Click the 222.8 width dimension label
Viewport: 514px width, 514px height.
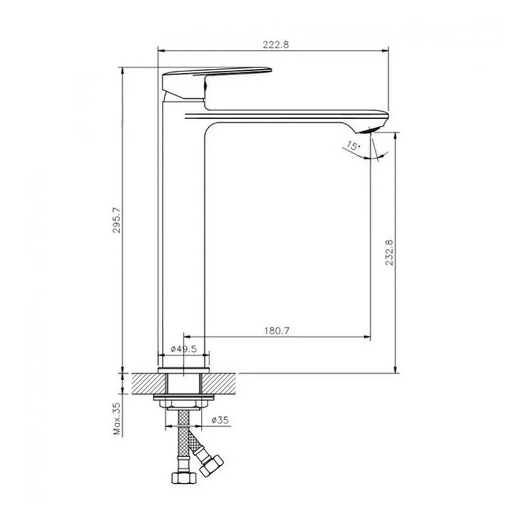(x=276, y=44)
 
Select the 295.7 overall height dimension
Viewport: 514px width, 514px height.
(x=117, y=220)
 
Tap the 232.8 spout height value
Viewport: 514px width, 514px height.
(x=389, y=253)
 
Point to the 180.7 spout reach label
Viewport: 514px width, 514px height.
(x=277, y=330)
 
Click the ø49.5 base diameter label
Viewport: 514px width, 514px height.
(x=184, y=349)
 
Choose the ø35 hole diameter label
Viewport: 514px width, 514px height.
(x=220, y=420)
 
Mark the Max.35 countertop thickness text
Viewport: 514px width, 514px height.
(x=117, y=419)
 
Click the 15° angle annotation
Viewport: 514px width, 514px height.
(x=353, y=146)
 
